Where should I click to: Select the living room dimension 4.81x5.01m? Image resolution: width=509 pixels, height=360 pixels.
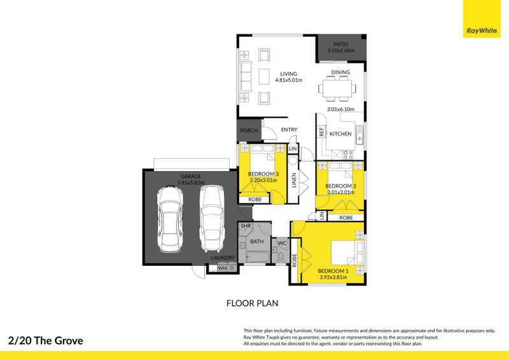coord(288,81)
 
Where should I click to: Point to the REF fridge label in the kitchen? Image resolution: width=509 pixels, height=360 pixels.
coord(322,133)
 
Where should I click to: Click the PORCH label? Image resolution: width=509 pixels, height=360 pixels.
coord(249,130)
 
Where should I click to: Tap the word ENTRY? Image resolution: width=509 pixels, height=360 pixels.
coord(289,130)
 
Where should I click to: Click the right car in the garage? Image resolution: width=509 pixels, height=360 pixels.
coord(211,218)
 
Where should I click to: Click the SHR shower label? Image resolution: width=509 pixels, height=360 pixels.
coord(246,226)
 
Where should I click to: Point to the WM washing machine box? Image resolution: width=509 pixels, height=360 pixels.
coord(222,268)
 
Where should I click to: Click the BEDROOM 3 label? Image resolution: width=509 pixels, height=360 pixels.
coord(263,174)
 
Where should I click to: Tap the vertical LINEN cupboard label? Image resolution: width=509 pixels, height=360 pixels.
coord(294,181)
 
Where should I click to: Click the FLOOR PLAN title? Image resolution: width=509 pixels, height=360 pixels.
coord(253,303)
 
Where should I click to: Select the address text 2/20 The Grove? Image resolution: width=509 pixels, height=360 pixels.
coord(46,340)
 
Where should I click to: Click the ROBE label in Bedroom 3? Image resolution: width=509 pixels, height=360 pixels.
coord(254,199)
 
